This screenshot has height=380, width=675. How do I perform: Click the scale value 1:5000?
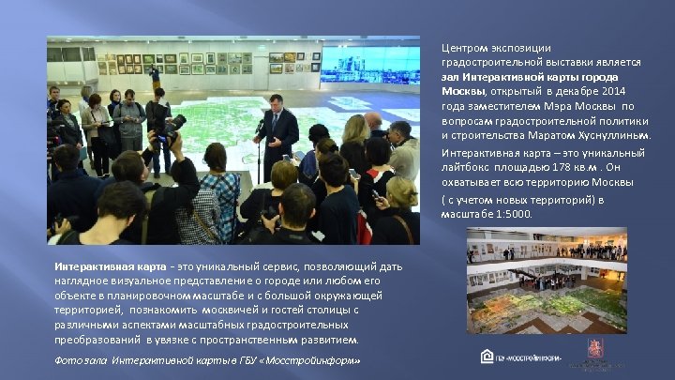[x=513, y=214]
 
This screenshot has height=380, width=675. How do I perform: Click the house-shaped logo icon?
[x=487, y=356]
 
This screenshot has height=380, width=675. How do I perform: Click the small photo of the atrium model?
[x=547, y=281]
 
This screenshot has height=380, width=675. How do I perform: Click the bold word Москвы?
[x=461, y=91]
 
